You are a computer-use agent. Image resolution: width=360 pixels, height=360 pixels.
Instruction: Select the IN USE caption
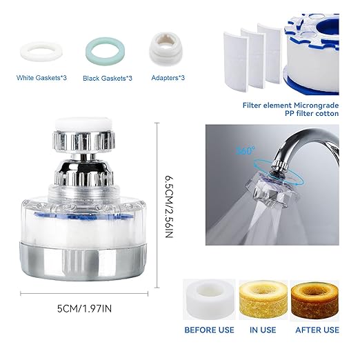point(263,330)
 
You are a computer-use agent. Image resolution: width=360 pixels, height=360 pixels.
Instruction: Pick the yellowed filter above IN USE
point(262,297)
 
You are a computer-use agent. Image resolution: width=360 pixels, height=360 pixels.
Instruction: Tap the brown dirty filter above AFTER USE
point(316,297)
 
